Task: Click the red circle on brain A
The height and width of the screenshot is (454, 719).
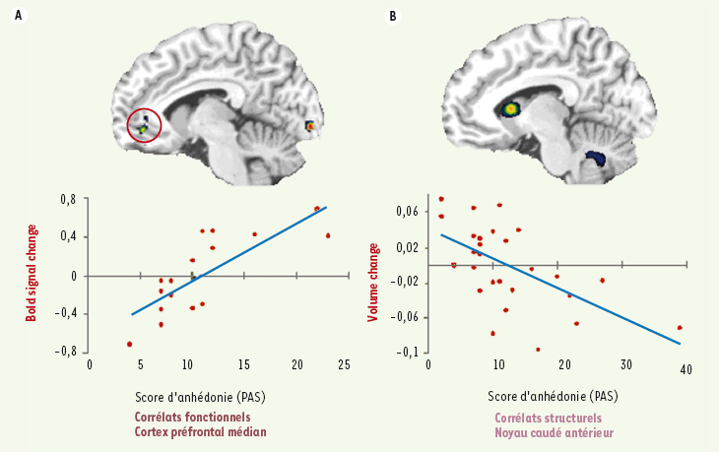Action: click(x=145, y=125)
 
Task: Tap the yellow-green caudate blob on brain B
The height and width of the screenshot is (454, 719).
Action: click(x=511, y=108)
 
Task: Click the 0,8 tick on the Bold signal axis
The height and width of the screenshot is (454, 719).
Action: click(x=68, y=200)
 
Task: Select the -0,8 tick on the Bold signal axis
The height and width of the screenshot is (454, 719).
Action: click(x=65, y=351)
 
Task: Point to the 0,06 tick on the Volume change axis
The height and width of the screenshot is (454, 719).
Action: click(x=407, y=212)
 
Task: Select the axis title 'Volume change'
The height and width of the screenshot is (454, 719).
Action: click(x=373, y=277)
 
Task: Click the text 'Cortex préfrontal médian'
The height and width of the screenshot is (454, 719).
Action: click(x=201, y=432)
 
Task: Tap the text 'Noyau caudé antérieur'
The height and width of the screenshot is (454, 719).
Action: click(x=556, y=432)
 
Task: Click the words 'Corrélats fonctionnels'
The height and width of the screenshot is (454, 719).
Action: click(x=192, y=418)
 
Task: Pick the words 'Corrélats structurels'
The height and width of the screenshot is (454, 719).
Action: click(x=548, y=418)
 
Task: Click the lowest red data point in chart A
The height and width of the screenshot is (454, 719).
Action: click(x=129, y=344)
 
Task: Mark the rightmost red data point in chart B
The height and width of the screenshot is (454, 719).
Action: click(x=680, y=328)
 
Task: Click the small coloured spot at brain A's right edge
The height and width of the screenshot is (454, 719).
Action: click(x=310, y=125)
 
